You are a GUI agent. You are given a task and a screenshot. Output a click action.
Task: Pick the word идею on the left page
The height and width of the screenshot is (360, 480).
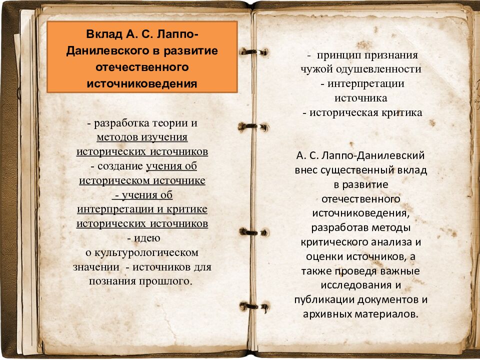pos(147,238)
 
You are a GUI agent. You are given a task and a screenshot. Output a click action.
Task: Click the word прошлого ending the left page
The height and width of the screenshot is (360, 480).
pos(165,281)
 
